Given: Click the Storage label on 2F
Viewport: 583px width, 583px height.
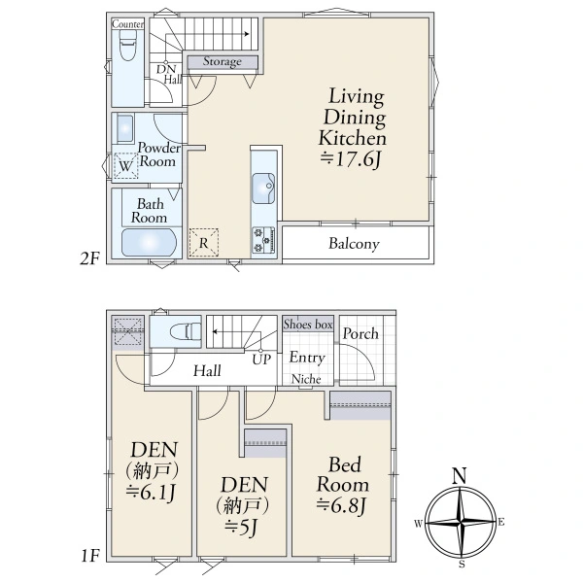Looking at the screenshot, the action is pos(222,61).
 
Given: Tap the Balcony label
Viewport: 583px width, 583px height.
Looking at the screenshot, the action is pos(354,244).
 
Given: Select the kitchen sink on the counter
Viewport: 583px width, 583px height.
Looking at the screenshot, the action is pos(263,189).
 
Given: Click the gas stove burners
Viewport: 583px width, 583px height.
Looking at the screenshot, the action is pos(263,240).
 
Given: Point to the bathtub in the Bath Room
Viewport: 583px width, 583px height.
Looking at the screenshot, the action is pos(149,242).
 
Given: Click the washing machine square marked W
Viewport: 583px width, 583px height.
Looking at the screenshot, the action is pos(125,165).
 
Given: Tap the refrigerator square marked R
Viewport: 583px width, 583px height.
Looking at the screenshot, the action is pos(203,243).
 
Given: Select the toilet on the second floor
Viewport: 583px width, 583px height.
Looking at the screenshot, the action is pos(127,45).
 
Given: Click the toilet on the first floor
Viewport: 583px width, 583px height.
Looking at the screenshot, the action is pos(186,331).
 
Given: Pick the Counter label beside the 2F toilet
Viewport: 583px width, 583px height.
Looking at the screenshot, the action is pos(127,24).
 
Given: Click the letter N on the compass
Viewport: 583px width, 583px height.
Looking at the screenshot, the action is pos(460,475).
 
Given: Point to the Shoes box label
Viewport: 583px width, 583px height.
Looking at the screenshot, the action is pos(308,325).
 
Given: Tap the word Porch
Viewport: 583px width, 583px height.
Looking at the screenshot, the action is pos(360,333).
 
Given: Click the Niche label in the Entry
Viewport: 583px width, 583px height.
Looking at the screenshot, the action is pos(306,379).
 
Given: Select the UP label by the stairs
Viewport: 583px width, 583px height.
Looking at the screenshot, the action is pos(261,360).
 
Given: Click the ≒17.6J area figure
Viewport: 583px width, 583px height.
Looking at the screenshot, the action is pos(351,159).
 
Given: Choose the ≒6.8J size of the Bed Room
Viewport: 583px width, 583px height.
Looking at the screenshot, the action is pos(342,505).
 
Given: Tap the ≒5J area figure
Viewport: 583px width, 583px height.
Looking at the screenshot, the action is pos(241,527).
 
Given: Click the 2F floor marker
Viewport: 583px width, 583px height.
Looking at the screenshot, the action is pos(90,258).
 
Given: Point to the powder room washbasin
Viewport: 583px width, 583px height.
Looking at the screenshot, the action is pos(125,128).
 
